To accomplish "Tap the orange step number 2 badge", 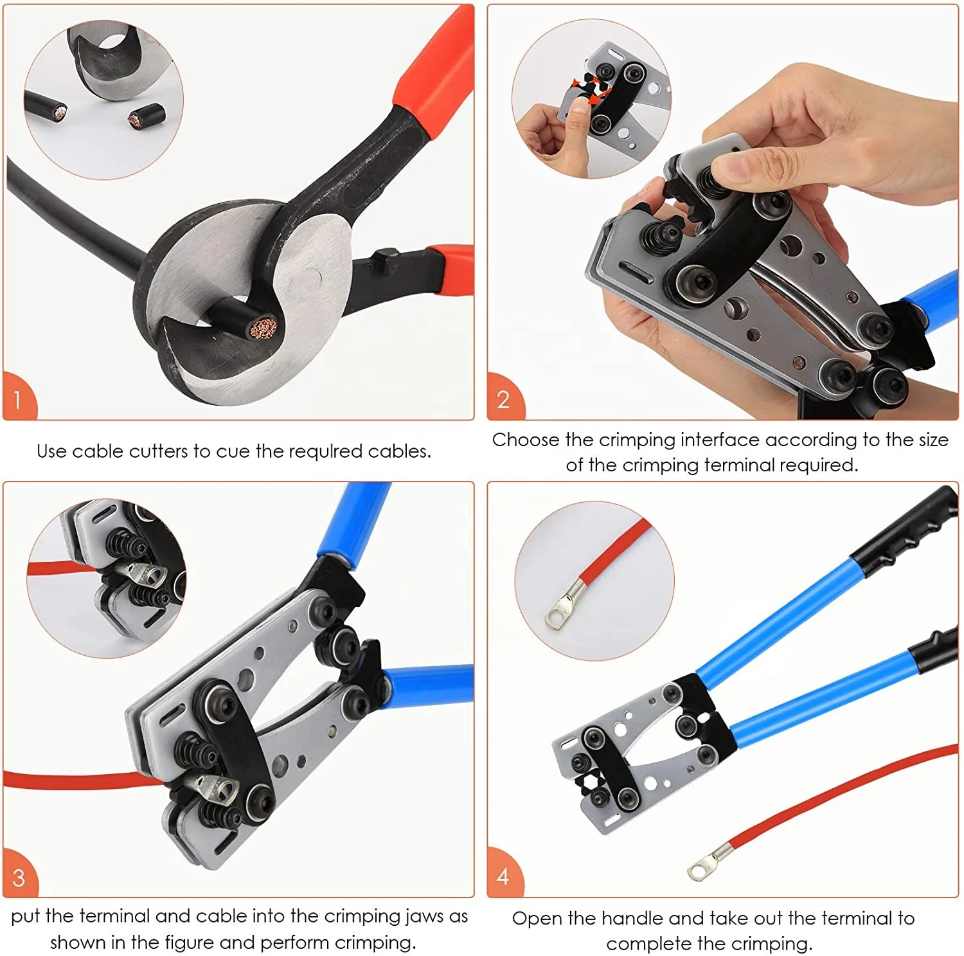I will click(x=503, y=399).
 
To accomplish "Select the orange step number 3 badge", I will click(x=19, y=878).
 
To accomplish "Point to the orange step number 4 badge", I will click(x=503, y=876).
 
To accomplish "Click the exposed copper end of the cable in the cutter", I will click(x=264, y=328).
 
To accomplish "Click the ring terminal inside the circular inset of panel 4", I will click(x=560, y=611).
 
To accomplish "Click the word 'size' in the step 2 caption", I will click(x=932, y=440).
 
